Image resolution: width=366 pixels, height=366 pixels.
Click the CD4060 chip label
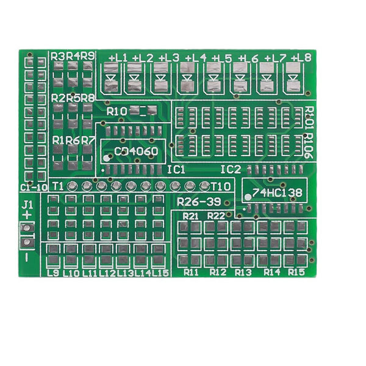(x=136, y=151)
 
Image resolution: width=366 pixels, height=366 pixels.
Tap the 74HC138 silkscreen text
(x=278, y=193)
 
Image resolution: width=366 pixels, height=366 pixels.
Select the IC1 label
(x=176, y=170)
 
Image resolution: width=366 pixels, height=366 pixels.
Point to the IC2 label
(x=231, y=170)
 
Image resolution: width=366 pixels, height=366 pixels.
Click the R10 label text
(x=117, y=112)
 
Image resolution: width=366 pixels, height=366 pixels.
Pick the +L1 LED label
(x=118, y=58)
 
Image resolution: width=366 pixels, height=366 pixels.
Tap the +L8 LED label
(x=301, y=58)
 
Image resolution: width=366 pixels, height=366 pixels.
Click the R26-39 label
(x=199, y=202)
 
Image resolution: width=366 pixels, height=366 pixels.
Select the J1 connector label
(x=27, y=205)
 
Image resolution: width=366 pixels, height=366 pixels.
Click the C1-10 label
(x=34, y=187)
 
